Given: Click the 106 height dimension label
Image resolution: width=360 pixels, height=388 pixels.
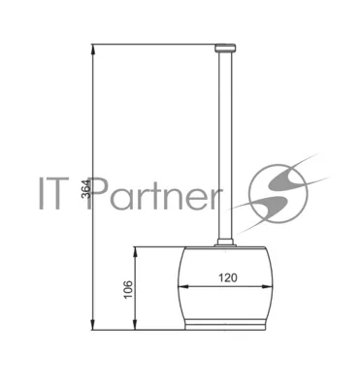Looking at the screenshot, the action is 128,289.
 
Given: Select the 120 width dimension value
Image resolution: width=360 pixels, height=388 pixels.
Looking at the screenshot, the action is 228,277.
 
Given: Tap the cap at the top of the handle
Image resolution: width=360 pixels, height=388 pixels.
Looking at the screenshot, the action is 225,48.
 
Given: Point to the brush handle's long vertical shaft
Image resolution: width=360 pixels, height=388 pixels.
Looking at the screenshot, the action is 225,145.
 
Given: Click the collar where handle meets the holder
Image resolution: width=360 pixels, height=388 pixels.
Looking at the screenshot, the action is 225,242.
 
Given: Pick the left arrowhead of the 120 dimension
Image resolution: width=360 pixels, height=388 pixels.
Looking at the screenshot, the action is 183,286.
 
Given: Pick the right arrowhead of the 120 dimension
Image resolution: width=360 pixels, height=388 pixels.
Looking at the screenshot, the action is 267,286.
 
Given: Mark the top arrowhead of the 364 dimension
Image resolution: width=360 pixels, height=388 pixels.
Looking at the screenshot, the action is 93,48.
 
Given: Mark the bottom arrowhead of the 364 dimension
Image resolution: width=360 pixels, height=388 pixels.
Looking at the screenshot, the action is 93,325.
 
